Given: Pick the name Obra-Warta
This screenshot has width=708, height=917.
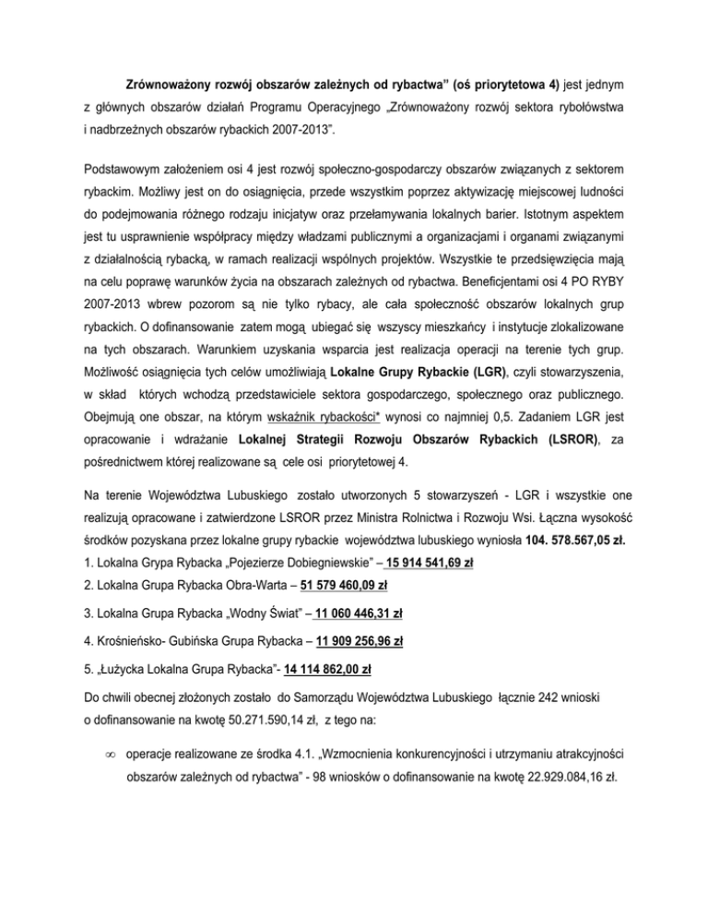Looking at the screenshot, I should pyautogui.click(x=210, y=584).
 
